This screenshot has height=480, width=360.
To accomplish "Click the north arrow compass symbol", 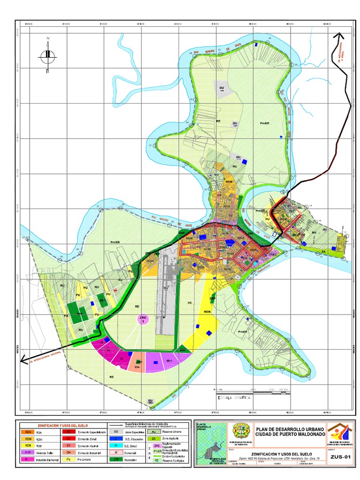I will tap(48, 55).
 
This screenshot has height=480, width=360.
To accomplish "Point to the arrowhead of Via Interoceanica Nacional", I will tap(22, 360).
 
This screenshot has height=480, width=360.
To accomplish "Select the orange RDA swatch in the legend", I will tap(29, 432).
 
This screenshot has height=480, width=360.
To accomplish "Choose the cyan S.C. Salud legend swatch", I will tap(114, 446).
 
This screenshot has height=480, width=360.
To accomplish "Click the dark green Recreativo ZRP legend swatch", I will tap(114, 460).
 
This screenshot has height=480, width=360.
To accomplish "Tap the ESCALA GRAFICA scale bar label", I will tap(233, 397).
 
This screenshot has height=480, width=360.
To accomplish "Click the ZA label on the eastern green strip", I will tap(323, 252).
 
